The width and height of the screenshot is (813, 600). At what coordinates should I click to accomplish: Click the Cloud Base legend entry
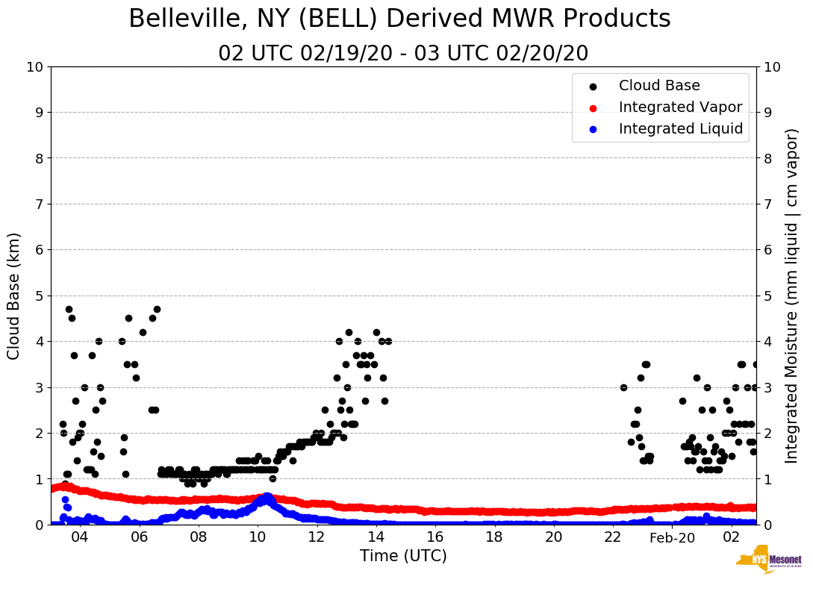(659, 86)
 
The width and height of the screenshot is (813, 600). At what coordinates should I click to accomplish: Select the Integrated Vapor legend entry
(680, 107)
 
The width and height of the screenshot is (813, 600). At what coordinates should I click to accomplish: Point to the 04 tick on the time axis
(80, 537)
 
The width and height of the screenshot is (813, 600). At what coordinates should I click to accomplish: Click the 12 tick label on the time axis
(317, 537)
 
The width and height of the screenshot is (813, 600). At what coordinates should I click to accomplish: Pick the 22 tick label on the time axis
(613, 537)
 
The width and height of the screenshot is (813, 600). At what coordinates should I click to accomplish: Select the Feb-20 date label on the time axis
(672, 537)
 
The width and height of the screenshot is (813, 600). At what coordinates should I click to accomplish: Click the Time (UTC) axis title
(403, 556)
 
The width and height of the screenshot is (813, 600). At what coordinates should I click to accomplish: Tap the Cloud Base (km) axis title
(14, 296)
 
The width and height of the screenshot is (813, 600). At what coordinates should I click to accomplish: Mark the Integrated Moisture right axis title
(792, 296)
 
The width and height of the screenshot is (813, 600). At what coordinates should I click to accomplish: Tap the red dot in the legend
(594, 107)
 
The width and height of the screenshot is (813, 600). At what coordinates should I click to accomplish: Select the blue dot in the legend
(594, 129)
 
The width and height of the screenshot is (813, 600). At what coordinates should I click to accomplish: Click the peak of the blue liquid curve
(266, 496)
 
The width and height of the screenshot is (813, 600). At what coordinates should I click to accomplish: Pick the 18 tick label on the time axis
(494, 537)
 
